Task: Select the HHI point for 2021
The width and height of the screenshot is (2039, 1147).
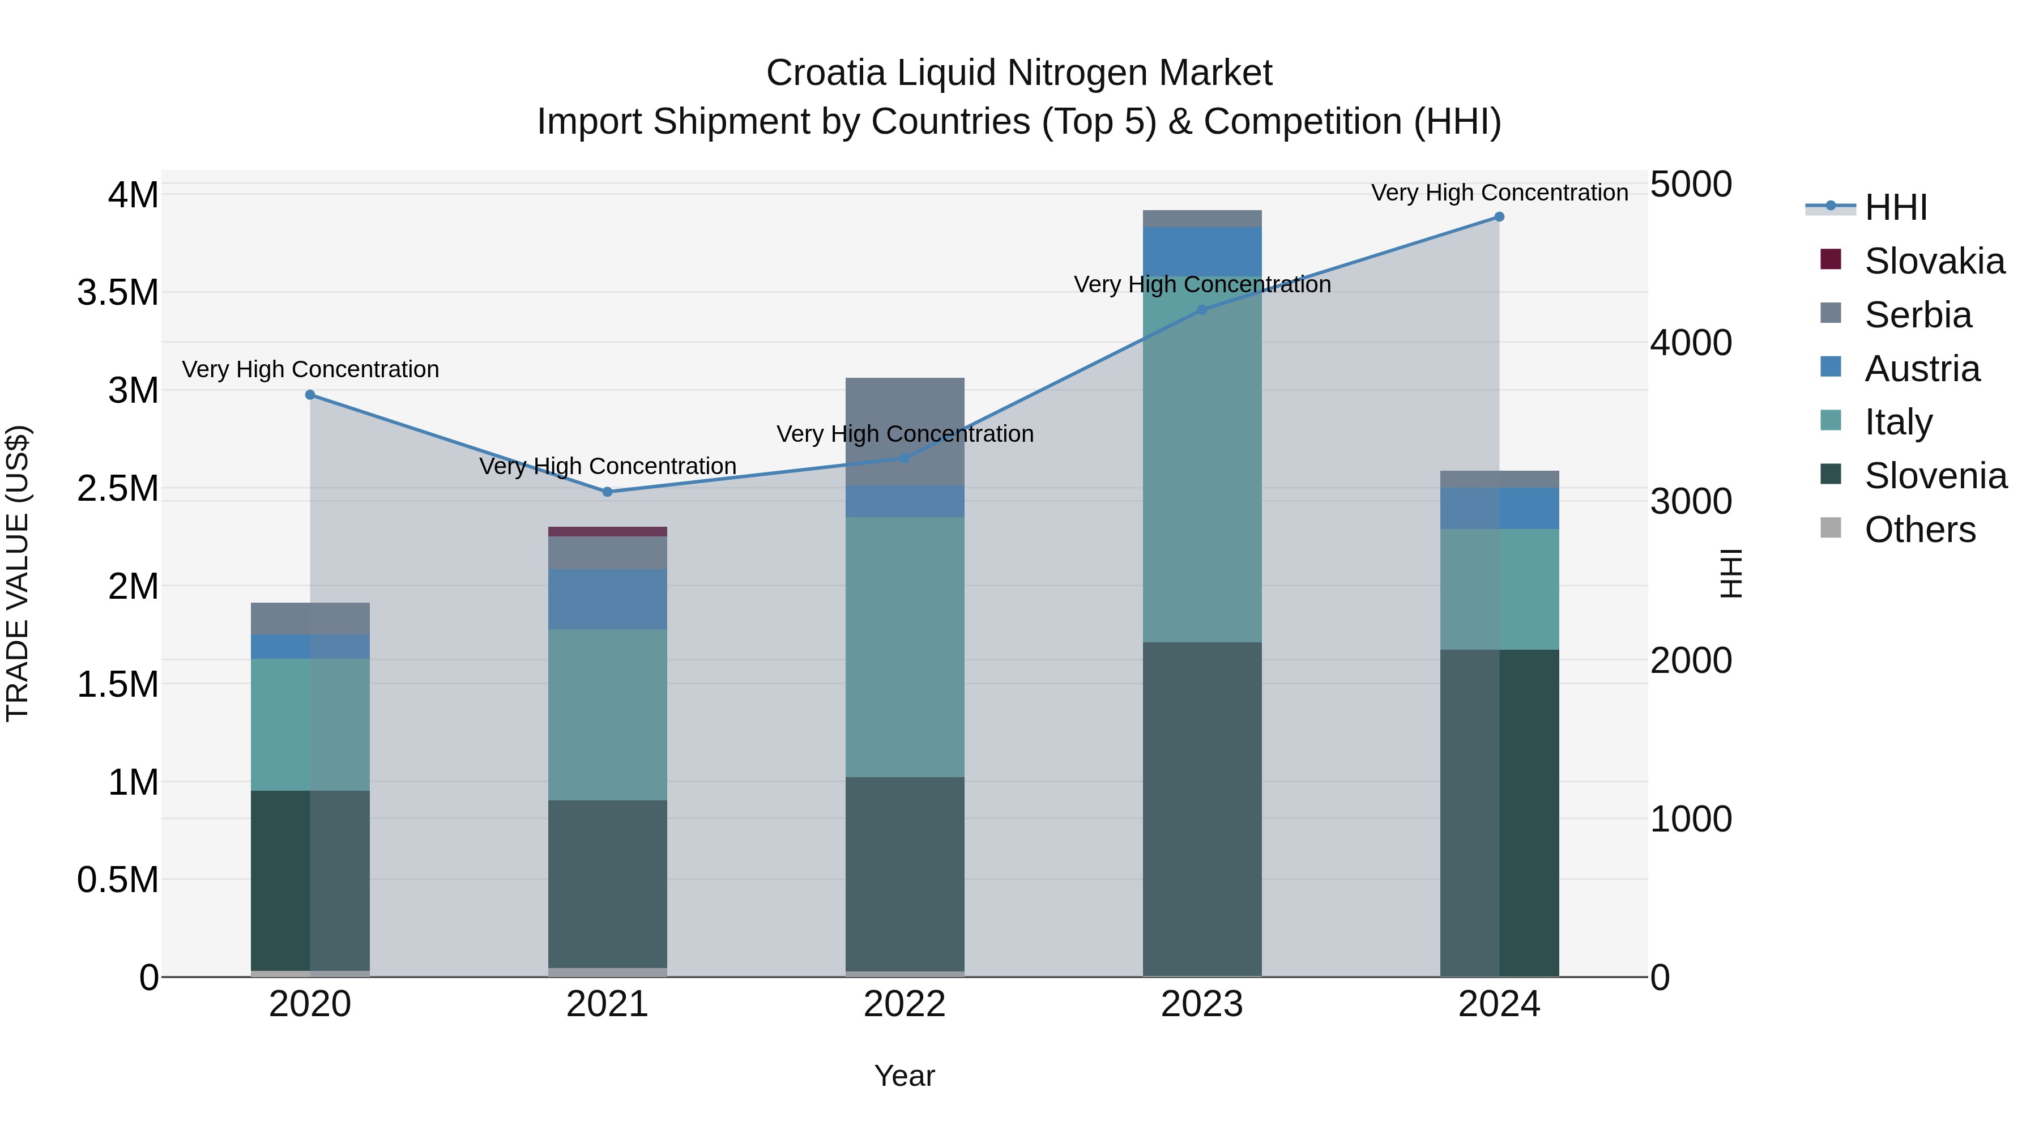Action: point(607,492)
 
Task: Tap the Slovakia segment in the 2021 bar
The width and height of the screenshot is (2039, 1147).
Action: point(607,531)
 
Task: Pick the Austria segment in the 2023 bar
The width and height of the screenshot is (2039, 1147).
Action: point(1201,251)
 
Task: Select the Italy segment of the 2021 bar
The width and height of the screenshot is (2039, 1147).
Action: point(607,714)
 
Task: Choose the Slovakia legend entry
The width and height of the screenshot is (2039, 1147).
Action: point(1934,261)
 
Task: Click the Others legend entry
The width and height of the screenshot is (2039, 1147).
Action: point(1919,530)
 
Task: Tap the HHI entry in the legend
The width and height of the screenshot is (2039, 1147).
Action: point(1895,207)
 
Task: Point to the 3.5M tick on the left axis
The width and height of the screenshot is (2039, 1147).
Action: point(118,293)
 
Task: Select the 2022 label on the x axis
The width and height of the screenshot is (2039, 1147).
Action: point(905,1004)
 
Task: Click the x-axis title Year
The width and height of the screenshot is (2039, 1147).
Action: point(905,1076)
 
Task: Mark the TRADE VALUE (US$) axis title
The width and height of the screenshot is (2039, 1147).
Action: point(18,573)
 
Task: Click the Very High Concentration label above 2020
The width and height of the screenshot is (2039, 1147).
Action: point(310,370)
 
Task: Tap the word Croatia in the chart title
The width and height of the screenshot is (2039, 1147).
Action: point(826,73)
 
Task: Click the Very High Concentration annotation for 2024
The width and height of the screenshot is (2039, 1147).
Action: point(1499,193)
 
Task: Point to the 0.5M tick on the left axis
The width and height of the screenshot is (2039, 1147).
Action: point(118,880)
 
